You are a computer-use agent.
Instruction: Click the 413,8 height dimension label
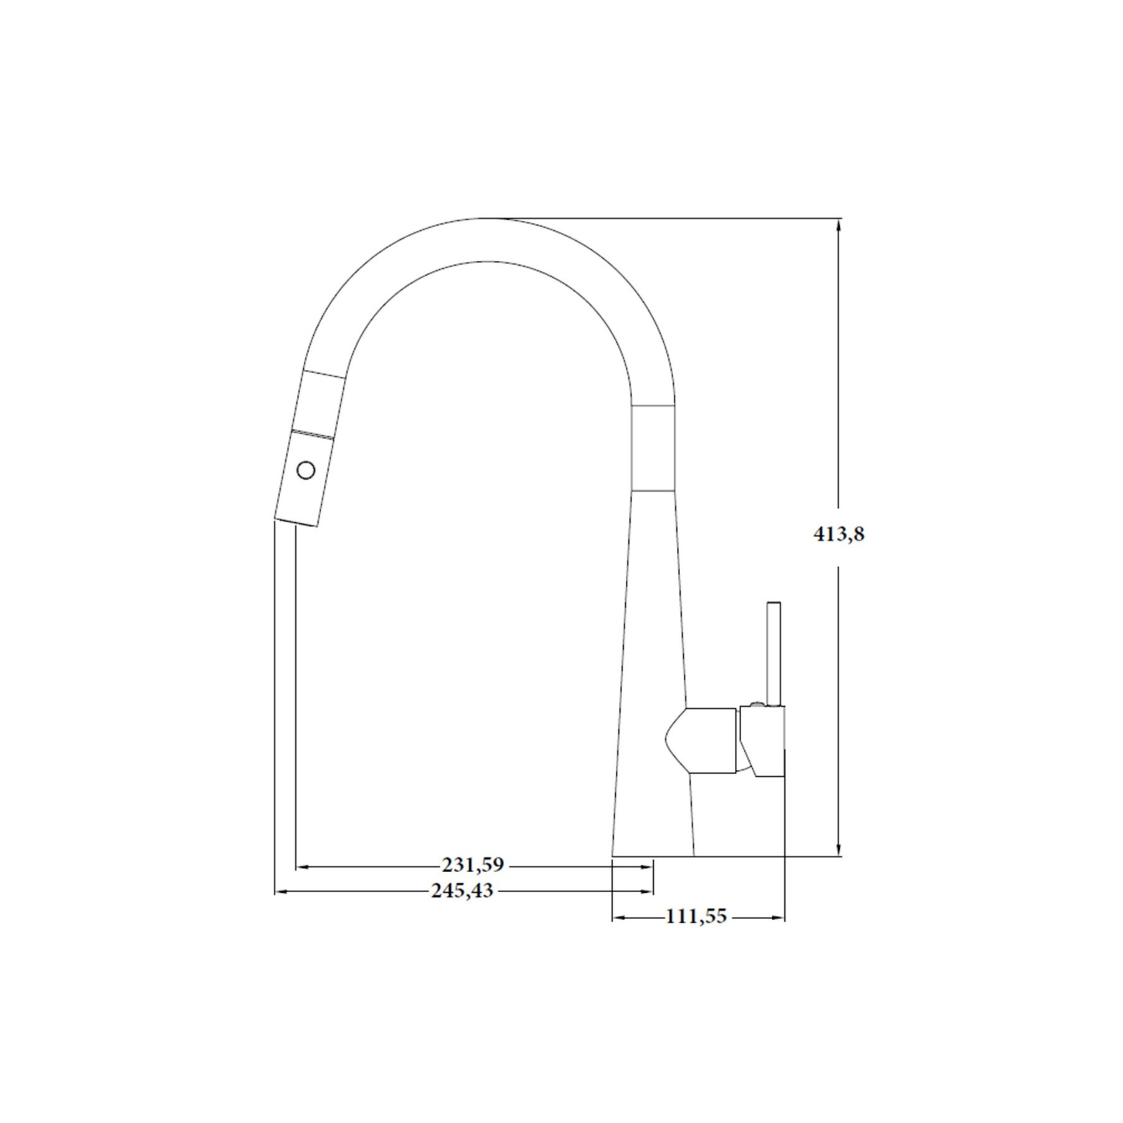(x=839, y=534)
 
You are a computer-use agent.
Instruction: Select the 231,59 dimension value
(x=472, y=865)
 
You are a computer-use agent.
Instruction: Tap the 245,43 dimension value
(x=462, y=891)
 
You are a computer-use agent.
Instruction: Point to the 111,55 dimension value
(x=696, y=916)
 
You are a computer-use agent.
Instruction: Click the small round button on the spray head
(x=306, y=470)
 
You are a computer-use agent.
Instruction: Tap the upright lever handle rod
(x=774, y=654)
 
